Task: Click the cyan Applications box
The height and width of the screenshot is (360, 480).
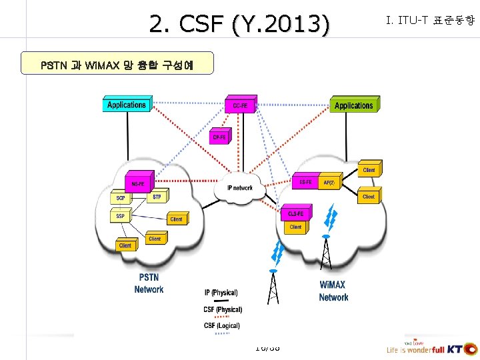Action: [127, 105]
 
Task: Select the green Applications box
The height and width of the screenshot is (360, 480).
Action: [354, 105]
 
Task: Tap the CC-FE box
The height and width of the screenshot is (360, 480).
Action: [240, 106]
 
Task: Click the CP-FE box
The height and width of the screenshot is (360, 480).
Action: [219, 137]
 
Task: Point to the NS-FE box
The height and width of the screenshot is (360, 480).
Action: [139, 183]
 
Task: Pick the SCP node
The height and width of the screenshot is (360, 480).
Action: [121, 199]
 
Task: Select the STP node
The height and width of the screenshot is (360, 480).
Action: [157, 197]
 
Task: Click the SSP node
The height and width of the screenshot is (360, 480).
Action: [121, 216]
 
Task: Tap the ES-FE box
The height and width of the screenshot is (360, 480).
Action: [305, 182]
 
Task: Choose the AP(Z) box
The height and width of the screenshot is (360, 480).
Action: [329, 182]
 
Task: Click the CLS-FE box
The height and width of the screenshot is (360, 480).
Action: [295, 214]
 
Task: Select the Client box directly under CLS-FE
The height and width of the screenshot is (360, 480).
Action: [295, 227]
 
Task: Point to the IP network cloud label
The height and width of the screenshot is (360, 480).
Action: [240, 188]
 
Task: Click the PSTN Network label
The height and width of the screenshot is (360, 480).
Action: [149, 283]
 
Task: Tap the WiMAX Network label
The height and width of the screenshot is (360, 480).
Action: [333, 291]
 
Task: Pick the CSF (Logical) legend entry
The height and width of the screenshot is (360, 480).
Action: [222, 325]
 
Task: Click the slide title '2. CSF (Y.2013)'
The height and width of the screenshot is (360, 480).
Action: [239, 25]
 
